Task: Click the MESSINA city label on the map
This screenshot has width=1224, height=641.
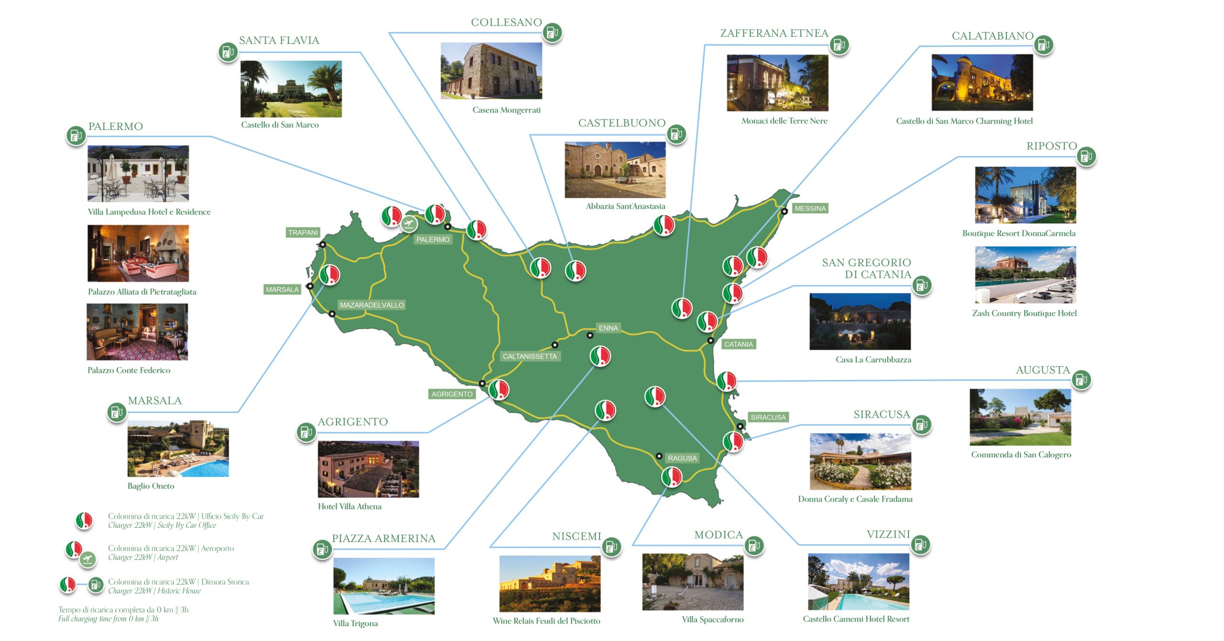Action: pyautogui.click(x=810, y=208)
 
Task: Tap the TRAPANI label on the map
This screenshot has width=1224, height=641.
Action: pyautogui.click(x=303, y=233)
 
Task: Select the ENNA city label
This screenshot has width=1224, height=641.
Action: pyautogui.click(x=608, y=328)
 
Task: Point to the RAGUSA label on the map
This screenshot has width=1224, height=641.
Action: pyautogui.click(x=682, y=458)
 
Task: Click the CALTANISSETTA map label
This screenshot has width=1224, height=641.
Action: pyautogui.click(x=529, y=356)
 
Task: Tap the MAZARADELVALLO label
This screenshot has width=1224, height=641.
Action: pyautogui.click(x=372, y=305)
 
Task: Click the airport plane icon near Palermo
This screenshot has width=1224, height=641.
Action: pyautogui.click(x=409, y=223)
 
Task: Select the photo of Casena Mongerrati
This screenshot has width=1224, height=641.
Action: pyautogui.click(x=491, y=71)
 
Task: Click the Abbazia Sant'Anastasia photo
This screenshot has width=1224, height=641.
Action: pyautogui.click(x=615, y=170)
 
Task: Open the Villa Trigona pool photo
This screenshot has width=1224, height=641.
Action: pyautogui.click(x=383, y=586)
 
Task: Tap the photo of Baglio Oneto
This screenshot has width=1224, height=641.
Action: pyautogui.click(x=178, y=448)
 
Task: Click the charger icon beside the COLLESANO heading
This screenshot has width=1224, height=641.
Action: pyautogui.click(x=552, y=33)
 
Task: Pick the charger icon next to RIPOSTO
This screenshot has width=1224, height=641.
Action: pyautogui.click(x=1086, y=156)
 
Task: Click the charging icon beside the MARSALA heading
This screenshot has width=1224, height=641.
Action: pyautogui.click(x=117, y=412)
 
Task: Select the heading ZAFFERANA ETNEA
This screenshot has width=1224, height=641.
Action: pyautogui.click(x=774, y=33)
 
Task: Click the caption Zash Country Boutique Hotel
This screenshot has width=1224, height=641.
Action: pyautogui.click(x=1024, y=313)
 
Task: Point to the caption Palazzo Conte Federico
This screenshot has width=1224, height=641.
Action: pyautogui.click(x=129, y=370)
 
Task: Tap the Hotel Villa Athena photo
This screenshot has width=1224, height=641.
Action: pyautogui.click(x=368, y=469)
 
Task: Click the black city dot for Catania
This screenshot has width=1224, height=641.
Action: pyautogui.click(x=710, y=340)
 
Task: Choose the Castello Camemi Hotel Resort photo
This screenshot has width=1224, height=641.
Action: pyautogui.click(x=858, y=582)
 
